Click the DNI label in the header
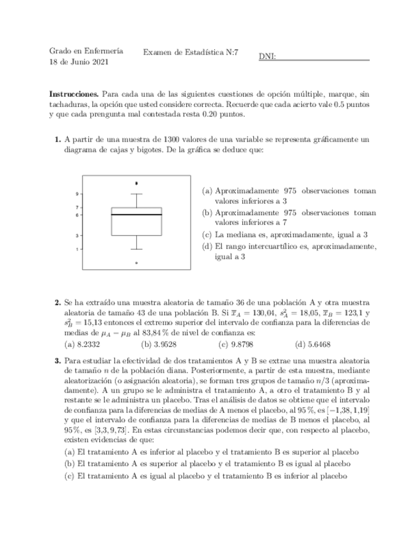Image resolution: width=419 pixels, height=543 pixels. pyautogui.click(x=267, y=57)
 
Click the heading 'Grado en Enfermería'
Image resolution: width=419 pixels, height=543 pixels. pyautogui.click(x=86, y=51)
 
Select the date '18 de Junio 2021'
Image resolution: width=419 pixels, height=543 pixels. pyautogui.click(x=79, y=62)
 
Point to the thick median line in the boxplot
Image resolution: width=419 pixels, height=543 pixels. pyautogui.click(x=136, y=215)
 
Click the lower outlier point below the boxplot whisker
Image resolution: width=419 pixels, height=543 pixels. pyautogui.click(x=136, y=263)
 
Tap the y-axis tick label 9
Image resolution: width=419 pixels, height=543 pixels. pyautogui.click(x=77, y=193)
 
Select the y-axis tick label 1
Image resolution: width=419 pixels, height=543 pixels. pyautogui.click(x=77, y=249)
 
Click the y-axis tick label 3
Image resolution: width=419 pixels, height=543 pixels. pyautogui.click(x=77, y=236)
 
